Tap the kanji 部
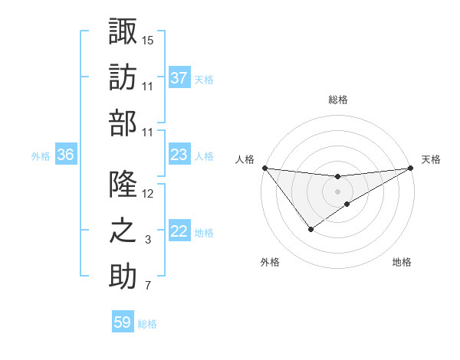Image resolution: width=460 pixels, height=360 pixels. (x=123, y=122)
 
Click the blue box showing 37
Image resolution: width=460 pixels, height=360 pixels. (x=179, y=77)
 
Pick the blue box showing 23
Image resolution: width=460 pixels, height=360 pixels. (x=179, y=155)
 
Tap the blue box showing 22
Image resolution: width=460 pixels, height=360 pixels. (x=179, y=232)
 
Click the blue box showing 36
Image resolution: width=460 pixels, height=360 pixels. (x=65, y=155)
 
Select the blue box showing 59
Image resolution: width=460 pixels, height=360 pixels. (x=122, y=322)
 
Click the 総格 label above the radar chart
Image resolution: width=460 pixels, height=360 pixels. (x=337, y=100)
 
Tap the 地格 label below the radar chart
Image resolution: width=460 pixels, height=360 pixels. (x=402, y=263)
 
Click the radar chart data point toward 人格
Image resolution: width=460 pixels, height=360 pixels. (x=264, y=168)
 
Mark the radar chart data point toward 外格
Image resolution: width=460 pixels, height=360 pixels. (x=310, y=229)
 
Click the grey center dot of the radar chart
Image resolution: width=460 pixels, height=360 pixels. (x=337, y=191)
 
